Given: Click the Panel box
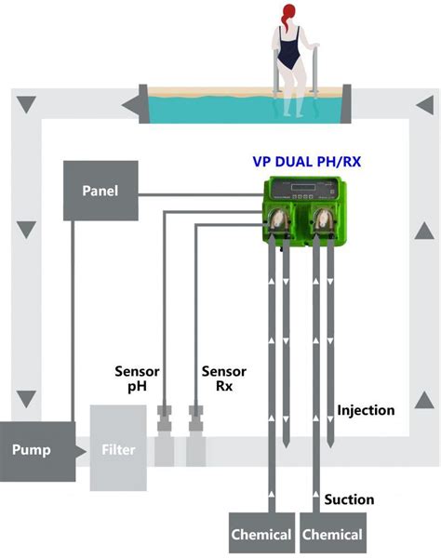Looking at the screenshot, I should click(x=100, y=192).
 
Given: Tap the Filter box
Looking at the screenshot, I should click(x=117, y=450).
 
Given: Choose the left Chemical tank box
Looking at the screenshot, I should click(x=263, y=533).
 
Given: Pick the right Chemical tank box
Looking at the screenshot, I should click(x=332, y=533).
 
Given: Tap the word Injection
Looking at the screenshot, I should click(x=365, y=410).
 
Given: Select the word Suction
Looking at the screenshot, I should click(x=349, y=499).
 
